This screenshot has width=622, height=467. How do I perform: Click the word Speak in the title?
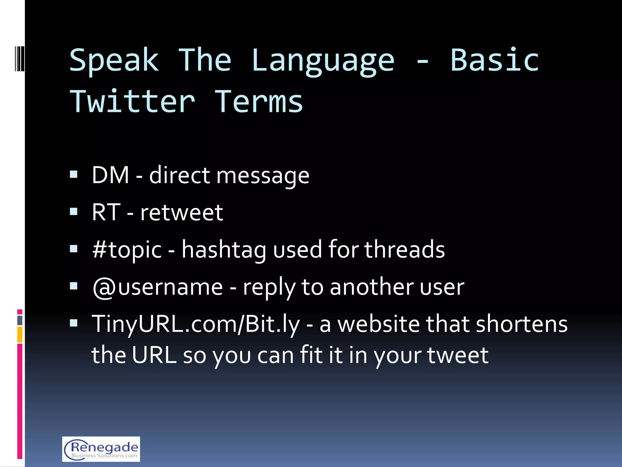(114, 61)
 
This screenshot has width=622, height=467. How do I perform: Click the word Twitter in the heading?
(132, 102)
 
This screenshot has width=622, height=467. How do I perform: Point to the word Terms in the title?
(259, 102)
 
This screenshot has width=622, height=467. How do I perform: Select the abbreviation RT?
(106, 212)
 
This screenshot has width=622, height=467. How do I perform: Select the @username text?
(158, 287)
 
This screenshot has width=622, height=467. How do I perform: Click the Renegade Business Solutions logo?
(101, 449)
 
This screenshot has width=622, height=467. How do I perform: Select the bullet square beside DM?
(74, 175)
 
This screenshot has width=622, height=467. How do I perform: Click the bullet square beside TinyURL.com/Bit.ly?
(74, 323)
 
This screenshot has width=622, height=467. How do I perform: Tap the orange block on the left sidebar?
(20, 334)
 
